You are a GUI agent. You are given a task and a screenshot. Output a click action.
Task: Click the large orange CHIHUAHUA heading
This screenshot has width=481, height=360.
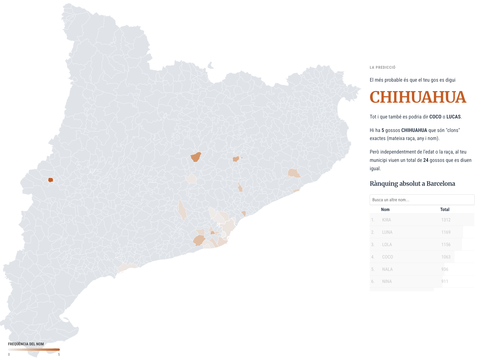pos(417,97)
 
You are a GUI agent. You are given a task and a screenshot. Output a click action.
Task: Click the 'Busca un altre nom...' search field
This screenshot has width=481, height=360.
pos(422,200)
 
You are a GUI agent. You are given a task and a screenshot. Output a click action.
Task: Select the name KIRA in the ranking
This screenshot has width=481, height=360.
pos(386,220)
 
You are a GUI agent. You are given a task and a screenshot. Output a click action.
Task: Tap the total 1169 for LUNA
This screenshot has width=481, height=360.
pos(446,232)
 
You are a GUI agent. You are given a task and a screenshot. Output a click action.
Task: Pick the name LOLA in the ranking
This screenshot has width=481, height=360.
pos(387,245)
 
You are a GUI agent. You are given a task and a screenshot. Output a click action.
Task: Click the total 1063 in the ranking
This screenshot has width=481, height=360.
pos(446,257)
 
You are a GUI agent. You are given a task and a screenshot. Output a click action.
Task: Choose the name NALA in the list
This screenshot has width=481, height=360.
pos(387,269)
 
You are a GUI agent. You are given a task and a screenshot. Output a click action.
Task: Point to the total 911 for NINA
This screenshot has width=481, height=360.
pos(444,282)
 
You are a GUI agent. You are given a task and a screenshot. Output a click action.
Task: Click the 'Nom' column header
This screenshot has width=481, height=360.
pos(385,210)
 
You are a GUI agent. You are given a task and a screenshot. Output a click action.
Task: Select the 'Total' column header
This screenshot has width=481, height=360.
pos(444,210)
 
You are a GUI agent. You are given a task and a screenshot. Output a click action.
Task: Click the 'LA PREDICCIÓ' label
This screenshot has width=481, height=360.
pos(382,68)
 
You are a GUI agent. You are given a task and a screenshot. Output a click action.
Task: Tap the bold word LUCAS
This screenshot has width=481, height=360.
pos(453,117)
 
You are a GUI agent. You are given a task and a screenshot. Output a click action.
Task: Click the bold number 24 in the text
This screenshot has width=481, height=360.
pos(425,160)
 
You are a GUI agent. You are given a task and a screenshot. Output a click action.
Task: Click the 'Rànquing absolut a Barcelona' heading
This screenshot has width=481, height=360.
pos(412,184)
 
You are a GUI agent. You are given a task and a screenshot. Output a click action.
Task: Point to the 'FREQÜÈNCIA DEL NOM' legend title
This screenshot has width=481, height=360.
pos(26,344)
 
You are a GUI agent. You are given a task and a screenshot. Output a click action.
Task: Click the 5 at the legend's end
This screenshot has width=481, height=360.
pos(59,355)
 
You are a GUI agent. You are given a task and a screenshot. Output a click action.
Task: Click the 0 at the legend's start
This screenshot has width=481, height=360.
pos(9,355)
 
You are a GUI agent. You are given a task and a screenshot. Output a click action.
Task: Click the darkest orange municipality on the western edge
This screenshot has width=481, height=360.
pos(51,180)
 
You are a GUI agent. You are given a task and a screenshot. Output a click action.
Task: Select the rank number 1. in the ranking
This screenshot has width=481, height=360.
pos(373,220)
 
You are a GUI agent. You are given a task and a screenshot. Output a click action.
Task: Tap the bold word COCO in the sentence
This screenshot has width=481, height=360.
pos(435,117)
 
